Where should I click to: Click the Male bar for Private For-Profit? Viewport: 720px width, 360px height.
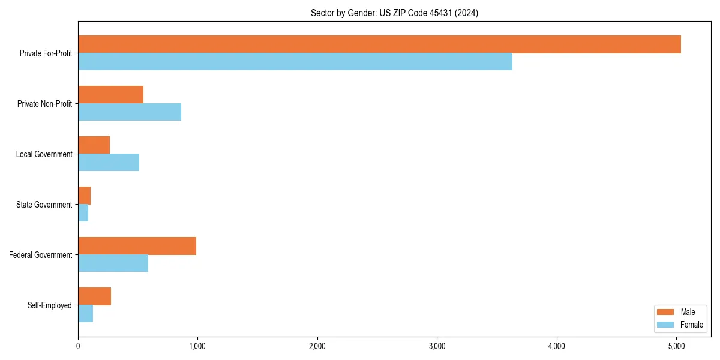coord(379,44)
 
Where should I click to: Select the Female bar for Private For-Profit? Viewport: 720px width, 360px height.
coord(295,62)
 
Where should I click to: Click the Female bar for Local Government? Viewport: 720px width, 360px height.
coord(109,163)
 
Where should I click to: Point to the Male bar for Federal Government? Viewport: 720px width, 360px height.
coord(137,246)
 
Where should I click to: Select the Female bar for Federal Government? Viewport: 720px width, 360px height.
coord(113,263)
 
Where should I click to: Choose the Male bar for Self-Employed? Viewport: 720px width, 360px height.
coord(94,296)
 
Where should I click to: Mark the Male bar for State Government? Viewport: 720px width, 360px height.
coord(84,196)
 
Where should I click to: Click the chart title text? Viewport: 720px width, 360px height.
coord(394,13)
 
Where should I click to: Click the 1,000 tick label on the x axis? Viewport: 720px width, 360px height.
coord(197,346)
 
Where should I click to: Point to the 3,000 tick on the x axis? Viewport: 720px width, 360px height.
coord(437,346)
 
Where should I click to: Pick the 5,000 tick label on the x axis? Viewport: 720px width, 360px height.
coord(676,346)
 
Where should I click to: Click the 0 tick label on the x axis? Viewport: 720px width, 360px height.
coord(78,346)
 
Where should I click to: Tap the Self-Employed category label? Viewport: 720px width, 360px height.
coord(50,305)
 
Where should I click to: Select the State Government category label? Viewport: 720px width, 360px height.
coord(44,205)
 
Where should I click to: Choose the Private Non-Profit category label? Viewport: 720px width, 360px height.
coord(44,104)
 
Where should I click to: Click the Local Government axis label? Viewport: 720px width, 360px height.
coord(44,154)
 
